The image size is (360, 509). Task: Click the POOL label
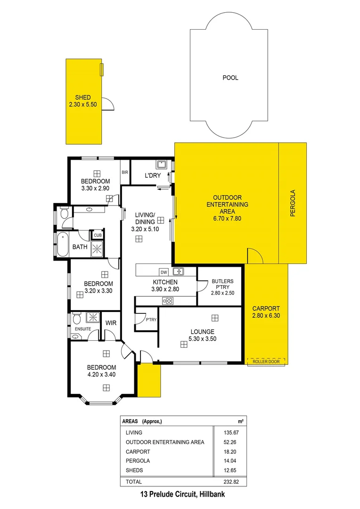pyautogui.click(x=230, y=78)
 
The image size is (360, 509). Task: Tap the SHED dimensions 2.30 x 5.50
pyautogui.click(x=83, y=105)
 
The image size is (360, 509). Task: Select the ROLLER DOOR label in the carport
pyautogui.click(x=266, y=361)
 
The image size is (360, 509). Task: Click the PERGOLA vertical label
pyautogui.click(x=292, y=203)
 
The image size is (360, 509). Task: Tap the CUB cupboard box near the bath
pyautogui.click(x=98, y=235)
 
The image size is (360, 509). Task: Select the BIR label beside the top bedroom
pyautogui.click(x=125, y=172)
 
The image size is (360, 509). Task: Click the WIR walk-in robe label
pyautogui.click(x=111, y=323)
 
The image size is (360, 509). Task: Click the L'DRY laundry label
pyautogui.click(x=153, y=176)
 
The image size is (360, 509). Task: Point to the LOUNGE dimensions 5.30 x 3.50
pyautogui.click(x=203, y=338)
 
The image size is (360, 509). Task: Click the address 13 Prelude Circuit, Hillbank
pyautogui.click(x=180, y=495)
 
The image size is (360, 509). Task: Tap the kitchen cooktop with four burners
pyautogui.click(x=167, y=301)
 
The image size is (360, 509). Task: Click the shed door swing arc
pyautogui.click(x=108, y=103)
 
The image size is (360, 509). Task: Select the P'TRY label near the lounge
pyautogui.click(x=151, y=320)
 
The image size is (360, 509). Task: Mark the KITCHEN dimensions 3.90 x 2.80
pyautogui.click(x=165, y=289)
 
